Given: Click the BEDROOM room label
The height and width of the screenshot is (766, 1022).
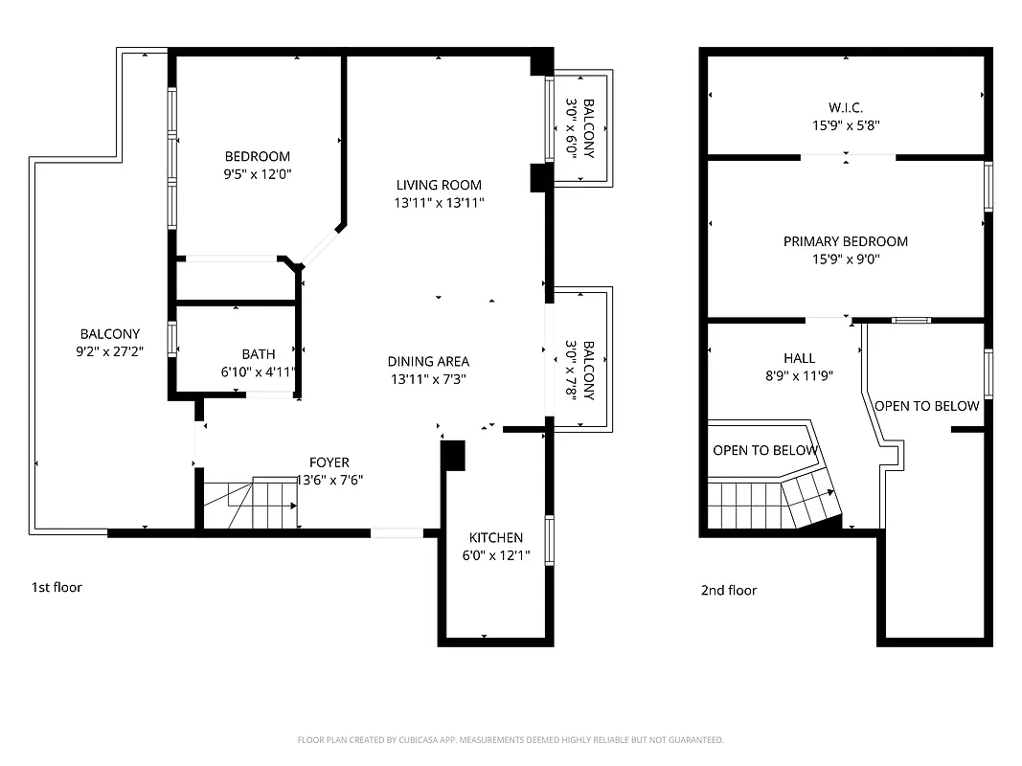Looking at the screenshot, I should tap(257, 157).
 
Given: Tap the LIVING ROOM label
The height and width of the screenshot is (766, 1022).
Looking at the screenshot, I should tap(439, 185).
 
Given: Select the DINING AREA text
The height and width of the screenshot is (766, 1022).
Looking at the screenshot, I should tap(428, 361).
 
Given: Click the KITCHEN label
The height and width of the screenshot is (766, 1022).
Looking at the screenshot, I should tap(495, 538).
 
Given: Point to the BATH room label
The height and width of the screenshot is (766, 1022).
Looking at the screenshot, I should tap(258, 354).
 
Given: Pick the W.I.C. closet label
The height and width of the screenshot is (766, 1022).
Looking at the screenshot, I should tap(846, 107).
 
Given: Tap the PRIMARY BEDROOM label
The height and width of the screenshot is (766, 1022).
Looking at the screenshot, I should tap(846, 241).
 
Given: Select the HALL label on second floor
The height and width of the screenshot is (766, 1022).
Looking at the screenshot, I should tap(799, 358).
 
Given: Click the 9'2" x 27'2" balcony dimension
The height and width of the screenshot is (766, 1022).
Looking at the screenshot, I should tap(109, 351).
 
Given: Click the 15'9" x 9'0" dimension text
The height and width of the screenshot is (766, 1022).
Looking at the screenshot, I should tap(846, 259).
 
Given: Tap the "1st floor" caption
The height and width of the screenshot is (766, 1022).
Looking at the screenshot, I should tap(57, 587).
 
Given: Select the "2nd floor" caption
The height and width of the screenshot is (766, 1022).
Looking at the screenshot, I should tap(729, 590).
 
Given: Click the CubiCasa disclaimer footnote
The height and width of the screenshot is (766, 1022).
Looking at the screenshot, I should tap(511, 740).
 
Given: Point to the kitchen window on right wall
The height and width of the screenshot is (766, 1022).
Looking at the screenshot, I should tap(550, 540).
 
